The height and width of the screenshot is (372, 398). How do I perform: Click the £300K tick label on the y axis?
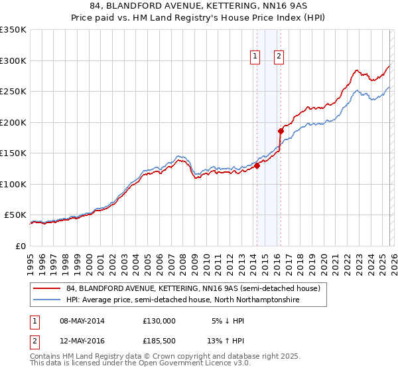point(13,60)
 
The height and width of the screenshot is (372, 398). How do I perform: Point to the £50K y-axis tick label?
point(15,215)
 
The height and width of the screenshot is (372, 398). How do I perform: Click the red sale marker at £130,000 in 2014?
point(257,166)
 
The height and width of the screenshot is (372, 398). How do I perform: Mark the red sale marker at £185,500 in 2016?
point(281,132)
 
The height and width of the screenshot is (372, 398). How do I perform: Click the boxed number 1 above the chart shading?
point(255,57)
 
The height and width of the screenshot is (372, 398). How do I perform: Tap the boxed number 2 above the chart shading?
point(279,57)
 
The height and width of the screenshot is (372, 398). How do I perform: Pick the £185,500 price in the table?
point(159,342)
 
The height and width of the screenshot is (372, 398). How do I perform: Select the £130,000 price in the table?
point(159,320)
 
